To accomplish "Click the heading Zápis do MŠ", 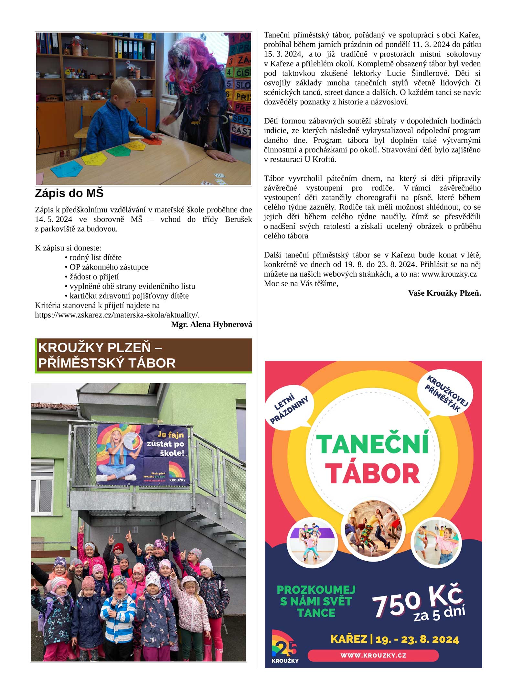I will [x=69, y=193].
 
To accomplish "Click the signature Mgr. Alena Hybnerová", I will [x=211, y=324].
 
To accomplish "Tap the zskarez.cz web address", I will [x=117, y=315].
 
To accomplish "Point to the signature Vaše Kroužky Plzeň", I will [x=444, y=293].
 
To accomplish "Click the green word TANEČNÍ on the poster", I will [x=373, y=444].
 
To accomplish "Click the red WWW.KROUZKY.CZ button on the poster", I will [x=373, y=655].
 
